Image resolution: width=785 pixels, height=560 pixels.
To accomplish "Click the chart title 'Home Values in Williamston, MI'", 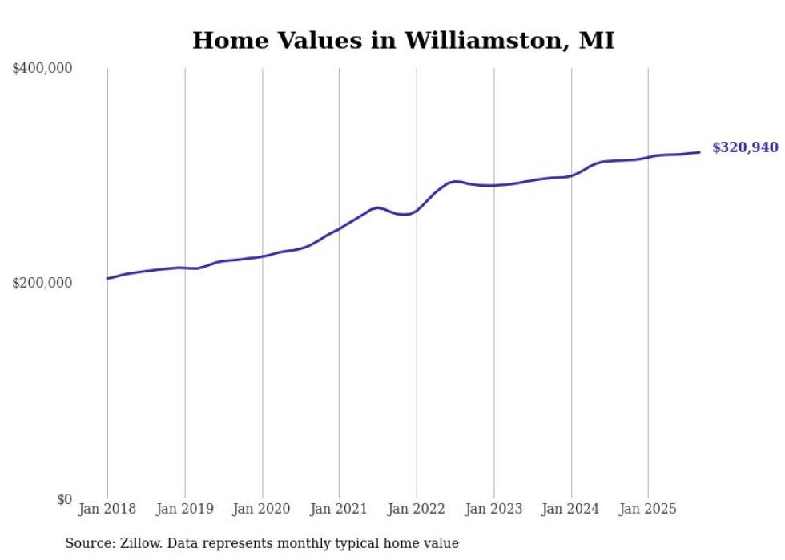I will pyautogui.click(x=403, y=41).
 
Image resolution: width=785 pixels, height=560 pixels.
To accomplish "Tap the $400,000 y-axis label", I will pyautogui.click(x=42, y=69).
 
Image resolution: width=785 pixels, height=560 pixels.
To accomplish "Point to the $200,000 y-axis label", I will pyautogui.click(x=42, y=284).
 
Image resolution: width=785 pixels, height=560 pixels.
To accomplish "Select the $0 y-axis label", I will pyautogui.click(x=64, y=499).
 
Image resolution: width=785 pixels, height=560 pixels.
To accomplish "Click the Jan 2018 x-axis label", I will pyautogui.click(x=107, y=509).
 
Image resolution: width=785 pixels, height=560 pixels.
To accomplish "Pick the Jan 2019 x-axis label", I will pyautogui.click(x=185, y=509).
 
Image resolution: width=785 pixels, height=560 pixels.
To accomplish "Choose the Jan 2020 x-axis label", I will pyautogui.click(x=262, y=509).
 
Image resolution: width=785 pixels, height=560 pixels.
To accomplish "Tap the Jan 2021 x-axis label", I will pyautogui.click(x=339, y=509).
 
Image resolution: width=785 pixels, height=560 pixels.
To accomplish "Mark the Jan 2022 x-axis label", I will pyautogui.click(x=417, y=509).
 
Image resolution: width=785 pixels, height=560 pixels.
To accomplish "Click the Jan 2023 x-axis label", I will pyautogui.click(x=493, y=509).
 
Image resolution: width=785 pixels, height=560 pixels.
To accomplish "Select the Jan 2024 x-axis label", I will pyautogui.click(x=571, y=509).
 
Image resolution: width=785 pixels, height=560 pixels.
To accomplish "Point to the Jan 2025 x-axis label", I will pyautogui.click(x=648, y=509).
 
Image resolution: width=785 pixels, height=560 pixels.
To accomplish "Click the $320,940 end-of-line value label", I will pyautogui.click(x=745, y=148).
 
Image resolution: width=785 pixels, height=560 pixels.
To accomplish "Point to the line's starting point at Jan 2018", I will pyautogui.click(x=107, y=279).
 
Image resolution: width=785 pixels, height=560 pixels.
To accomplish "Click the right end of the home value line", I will pyautogui.click(x=699, y=152).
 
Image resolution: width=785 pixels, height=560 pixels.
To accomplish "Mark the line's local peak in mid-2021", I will pyautogui.click(x=377, y=207).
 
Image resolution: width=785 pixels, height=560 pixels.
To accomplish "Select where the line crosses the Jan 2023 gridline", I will pyautogui.click(x=494, y=185).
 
